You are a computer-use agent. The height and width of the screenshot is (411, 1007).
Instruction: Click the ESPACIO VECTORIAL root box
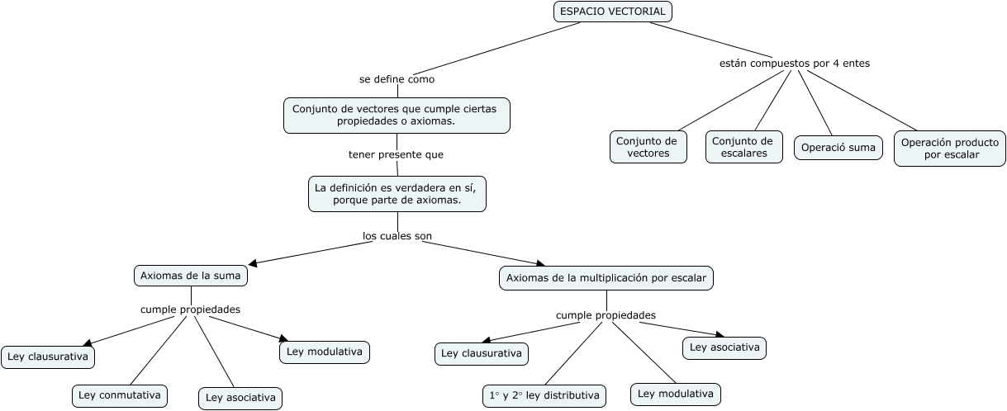[x=613, y=12]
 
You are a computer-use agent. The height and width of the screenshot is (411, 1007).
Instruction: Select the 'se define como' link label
[x=397, y=79]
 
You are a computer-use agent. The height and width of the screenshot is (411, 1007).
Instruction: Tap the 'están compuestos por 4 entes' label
[x=795, y=64]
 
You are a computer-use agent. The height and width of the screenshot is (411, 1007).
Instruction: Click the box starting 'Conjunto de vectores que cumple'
[x=397, y=116]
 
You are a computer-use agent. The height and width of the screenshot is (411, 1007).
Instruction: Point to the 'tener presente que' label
[x=396, y=154]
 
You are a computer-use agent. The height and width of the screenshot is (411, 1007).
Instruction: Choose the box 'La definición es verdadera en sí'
[x=397, y=194]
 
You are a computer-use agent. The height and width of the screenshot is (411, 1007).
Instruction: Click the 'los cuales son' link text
[x=397, y=236]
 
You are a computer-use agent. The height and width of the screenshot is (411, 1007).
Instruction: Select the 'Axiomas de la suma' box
[x=191, y=276]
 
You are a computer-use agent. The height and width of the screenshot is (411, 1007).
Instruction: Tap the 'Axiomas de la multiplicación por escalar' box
[x=606, y=278]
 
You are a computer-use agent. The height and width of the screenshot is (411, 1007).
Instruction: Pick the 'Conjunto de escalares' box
[x=744, y=147]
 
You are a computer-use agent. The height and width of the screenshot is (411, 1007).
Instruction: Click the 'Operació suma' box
[x=838, y=148]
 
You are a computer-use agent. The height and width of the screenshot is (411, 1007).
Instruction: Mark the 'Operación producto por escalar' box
[x=950, y=149]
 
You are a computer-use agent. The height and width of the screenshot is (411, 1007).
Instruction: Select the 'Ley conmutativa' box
[x=120, y=395]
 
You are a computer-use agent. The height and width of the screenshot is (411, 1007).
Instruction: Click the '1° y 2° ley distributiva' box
[x=544, y=395]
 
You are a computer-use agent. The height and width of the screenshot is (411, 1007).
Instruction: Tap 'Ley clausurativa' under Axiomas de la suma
[x=48, y=357]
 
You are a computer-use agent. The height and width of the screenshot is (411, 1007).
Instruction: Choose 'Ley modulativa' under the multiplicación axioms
[x=675, y=394]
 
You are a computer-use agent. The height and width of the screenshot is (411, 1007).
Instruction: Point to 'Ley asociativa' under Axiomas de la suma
[x=240, y=399]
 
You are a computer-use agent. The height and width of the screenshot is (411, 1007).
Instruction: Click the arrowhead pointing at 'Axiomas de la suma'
[x=253, y=263]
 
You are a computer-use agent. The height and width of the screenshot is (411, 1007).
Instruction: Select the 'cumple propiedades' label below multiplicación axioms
[x=606, y=315]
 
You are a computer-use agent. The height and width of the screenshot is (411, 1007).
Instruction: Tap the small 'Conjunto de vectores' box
[x=648, y=147]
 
